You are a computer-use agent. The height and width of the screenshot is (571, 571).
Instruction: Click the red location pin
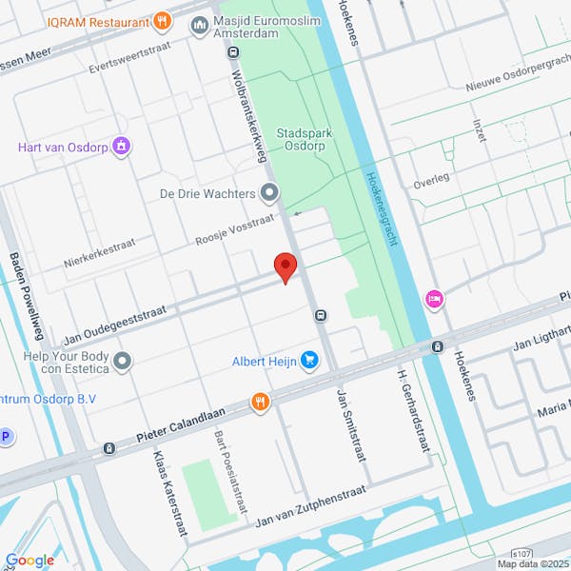[285, 266]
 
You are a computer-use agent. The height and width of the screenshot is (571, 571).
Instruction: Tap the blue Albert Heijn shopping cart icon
[309, 360]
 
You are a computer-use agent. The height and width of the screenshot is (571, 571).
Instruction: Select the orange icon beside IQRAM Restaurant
[163, 20]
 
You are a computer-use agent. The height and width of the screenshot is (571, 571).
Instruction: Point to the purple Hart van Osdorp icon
[121, 147]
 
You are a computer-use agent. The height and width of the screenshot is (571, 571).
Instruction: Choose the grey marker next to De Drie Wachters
[269, 193]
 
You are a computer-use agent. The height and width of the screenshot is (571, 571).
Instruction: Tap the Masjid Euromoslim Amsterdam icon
[200, 23]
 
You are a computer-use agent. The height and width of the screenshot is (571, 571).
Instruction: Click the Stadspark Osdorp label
[305, 140]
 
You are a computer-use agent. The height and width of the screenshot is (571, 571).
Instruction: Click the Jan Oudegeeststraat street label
[114, 325]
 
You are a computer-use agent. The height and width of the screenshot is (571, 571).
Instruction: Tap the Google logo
[30, 560]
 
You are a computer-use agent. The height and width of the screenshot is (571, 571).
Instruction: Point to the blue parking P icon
[5, 437]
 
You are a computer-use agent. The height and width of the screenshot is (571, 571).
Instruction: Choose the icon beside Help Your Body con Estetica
[123, 361]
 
